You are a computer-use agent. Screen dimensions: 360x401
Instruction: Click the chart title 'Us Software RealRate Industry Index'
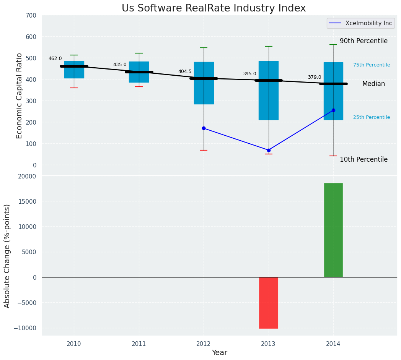click(214, 8)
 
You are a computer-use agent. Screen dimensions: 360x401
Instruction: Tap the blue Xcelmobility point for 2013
click(269, 150)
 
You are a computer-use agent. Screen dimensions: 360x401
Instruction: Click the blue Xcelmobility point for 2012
click(204, 128)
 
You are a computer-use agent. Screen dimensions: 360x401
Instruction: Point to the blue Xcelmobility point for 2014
click(333, 110)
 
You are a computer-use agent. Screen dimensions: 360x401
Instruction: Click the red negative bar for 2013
click(269, 303)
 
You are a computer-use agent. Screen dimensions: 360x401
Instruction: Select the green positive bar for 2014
click(333, 230)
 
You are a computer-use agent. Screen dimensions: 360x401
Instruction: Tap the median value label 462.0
click(55, 58)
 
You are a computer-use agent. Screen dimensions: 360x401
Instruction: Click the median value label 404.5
click(185, 71)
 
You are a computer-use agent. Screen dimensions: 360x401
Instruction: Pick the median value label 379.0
click(315, 77)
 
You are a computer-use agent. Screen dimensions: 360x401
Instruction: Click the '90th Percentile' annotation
click(364, 41)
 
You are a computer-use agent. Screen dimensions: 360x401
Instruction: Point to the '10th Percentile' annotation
click(364, 159)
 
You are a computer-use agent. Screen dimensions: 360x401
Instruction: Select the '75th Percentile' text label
click(372, 65)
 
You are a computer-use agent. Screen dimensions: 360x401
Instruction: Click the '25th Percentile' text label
click(372, 117)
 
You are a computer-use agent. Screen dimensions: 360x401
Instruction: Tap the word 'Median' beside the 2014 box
click(373, 84)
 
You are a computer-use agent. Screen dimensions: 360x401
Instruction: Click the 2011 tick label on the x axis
click(139, 344)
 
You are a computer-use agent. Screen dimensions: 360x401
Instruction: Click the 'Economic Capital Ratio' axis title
click(20, 96)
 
